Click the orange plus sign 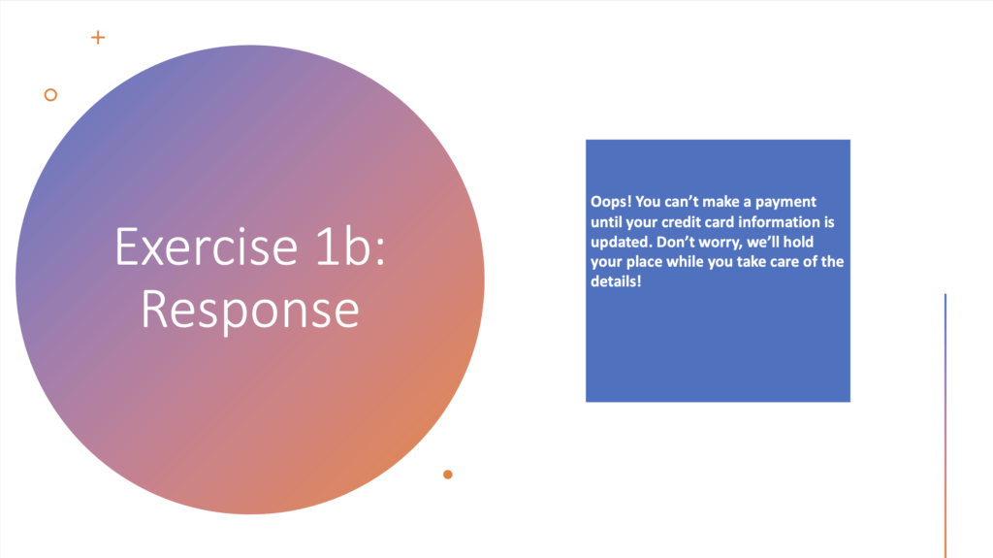click(x=98, y=38)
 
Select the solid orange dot click(x=448, y=475)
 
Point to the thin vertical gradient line click(x=945, y=425)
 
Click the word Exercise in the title click(x=206, y=246)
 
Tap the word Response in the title click(x=250, y=310)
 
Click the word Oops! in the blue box click(x=611, y=202)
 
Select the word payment click(x=785, y=202)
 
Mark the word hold click(x=799, y=242)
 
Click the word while click(x=681, y=261)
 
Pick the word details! click(x=616, y=281)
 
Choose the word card click(x=717, y=222)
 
